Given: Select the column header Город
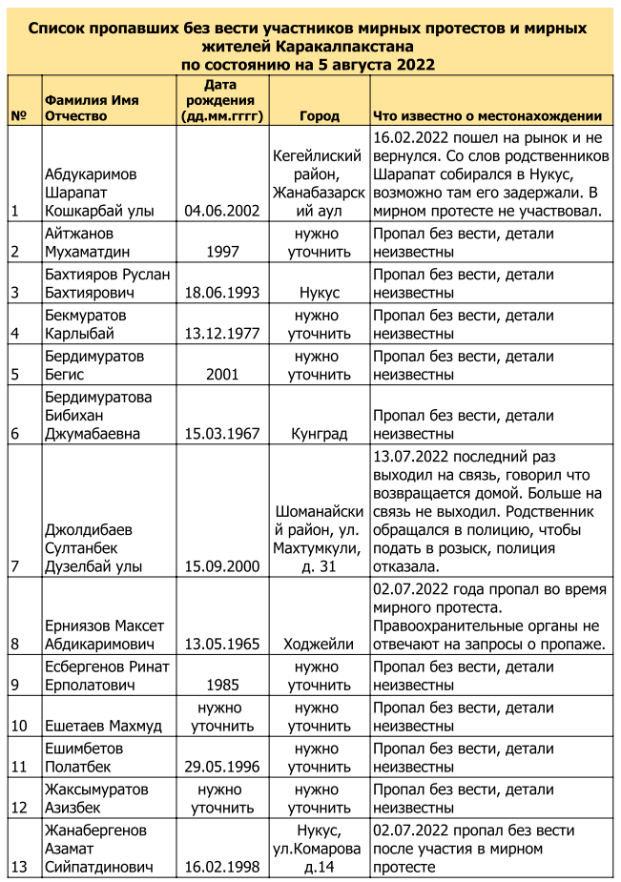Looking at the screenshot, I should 319,116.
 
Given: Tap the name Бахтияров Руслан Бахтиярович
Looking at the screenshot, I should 107,283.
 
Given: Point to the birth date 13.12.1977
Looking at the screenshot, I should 222,334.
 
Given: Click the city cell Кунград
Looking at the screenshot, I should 319,434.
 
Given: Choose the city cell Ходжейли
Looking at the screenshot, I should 319,644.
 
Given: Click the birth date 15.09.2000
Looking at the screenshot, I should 222,565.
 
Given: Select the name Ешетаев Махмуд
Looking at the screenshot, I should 103,726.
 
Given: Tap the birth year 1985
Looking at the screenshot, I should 222,685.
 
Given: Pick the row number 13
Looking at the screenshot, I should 18,867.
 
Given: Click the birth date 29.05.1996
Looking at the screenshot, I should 222,767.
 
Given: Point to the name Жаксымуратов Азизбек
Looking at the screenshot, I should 96,799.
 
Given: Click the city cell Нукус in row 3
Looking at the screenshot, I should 319,293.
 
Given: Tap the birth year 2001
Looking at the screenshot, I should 222,375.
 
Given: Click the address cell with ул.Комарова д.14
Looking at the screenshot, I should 319,849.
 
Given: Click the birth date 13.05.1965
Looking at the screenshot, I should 222,644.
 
